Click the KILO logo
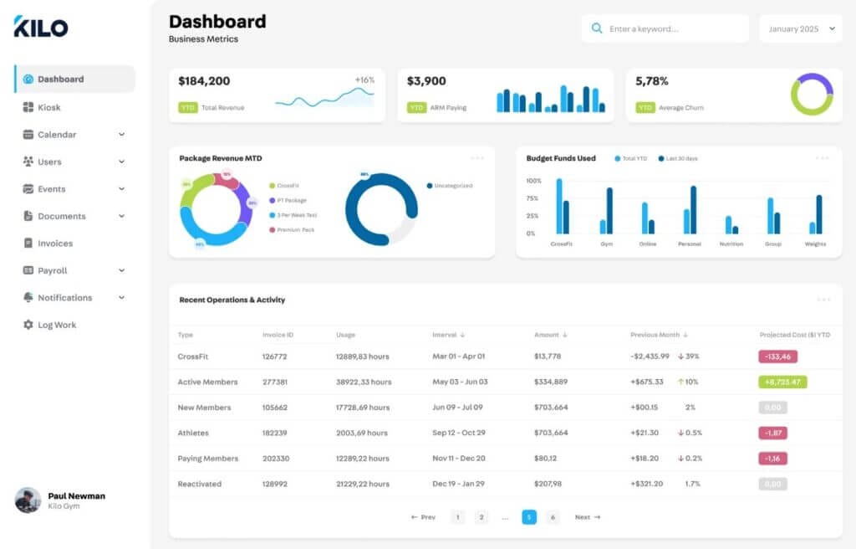click(41, 27)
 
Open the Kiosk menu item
click(48, 107)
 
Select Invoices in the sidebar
click(54, 244)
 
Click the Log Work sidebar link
click(56, 325)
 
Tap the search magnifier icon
click(596, 28)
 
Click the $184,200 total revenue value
click(204, 81)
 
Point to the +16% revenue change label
click(364, 80)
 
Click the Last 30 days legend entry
click(678, 158)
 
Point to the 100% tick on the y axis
click(534, 181)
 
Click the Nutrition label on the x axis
click(731, 244)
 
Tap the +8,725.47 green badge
click(782, 382)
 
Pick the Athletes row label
click(193, 433)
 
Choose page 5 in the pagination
click(529, 517)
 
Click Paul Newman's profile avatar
click(28, 500)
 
